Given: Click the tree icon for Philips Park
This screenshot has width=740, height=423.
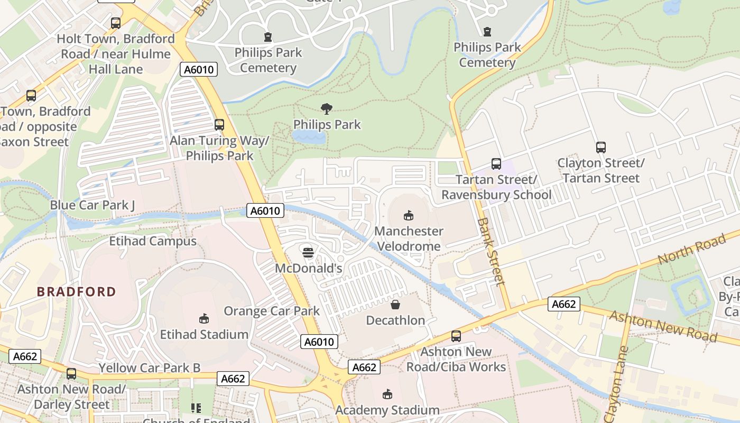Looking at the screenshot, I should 327,109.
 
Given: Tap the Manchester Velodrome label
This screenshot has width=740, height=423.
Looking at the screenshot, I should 408,238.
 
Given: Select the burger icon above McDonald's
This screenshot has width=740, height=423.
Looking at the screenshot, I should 308,252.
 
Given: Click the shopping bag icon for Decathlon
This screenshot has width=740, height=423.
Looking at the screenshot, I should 395,305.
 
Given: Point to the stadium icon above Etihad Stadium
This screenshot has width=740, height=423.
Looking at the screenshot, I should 204,318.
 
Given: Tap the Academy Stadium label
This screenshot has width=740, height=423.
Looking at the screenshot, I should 387,410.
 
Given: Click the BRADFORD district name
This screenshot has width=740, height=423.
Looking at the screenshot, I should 76,291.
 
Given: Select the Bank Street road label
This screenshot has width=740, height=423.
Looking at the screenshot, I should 491,251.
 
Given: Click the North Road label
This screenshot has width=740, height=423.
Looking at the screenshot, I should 692,249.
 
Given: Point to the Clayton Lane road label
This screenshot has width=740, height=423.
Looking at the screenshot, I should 616,383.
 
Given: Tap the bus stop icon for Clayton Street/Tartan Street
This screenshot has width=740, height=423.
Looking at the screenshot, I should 600,148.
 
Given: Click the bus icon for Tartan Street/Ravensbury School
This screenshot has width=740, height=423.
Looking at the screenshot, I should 496,164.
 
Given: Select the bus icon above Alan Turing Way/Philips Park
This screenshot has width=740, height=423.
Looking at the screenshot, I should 219,125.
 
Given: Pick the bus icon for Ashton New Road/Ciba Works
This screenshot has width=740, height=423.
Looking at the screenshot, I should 456,336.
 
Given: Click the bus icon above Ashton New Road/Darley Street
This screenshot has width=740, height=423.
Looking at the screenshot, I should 71,374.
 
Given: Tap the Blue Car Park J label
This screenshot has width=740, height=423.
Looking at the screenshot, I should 92,205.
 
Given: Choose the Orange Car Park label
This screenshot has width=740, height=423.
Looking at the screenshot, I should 271,310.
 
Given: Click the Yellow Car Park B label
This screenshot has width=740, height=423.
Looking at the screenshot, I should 150,367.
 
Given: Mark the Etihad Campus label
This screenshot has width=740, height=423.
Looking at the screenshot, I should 153,241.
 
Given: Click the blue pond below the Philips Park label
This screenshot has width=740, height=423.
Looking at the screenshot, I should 309,138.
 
